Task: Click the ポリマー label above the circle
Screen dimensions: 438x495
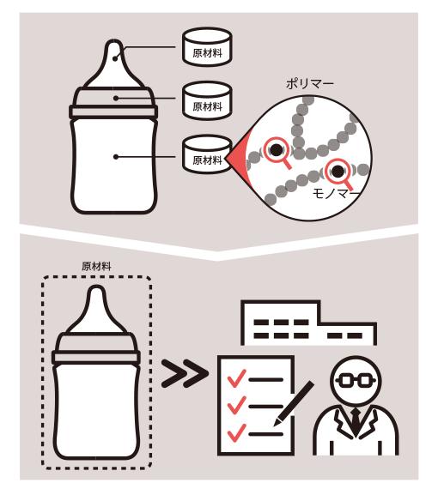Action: (x=310, y=84)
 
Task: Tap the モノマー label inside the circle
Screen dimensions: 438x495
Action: (x=336, y=194)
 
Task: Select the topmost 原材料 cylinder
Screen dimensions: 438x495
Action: (x=207, y=46)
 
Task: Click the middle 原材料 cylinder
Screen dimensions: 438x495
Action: (x=207, y=100)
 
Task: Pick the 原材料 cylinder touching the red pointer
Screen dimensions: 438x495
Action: (x=207, y=154)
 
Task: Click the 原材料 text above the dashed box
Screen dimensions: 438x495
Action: (x=96, y=267)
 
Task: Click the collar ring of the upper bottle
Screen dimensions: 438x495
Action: (x=113, y=112)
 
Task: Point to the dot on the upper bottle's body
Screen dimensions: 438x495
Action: (x=116, y=157)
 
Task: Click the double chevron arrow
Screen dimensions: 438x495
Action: (x=185, y=373)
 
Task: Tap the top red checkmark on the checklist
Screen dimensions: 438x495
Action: (x=236, y=378)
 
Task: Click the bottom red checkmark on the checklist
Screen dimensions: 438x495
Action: (x=236, y=432)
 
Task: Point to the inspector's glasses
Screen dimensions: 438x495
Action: (x=356, y=380)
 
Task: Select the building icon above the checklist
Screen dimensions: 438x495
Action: (x=308, y=323)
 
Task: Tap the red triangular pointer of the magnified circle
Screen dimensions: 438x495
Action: (x=240, y=158)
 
